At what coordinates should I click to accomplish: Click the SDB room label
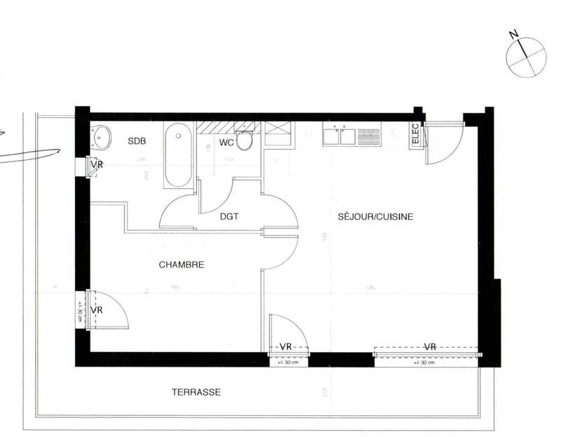[x=137, y=141]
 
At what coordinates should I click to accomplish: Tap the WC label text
[x=226, y=143]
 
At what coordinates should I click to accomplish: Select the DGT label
[x=229, y=216]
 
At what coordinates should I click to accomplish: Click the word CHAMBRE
[x=181, y=265]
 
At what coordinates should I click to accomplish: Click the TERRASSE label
[x=196, y=392]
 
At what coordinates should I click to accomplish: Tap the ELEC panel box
[x=415, y=136]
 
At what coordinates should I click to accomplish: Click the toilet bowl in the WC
[x=245, y=141]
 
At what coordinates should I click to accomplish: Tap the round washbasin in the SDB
[x=102, y=136]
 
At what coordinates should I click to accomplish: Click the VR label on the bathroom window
[x=95, y=166]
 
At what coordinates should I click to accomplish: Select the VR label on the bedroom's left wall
[x=97, y=309]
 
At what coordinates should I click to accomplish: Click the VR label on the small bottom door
[x=285, y=346]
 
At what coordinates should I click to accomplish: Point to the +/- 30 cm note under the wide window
[x=426, y=363]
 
